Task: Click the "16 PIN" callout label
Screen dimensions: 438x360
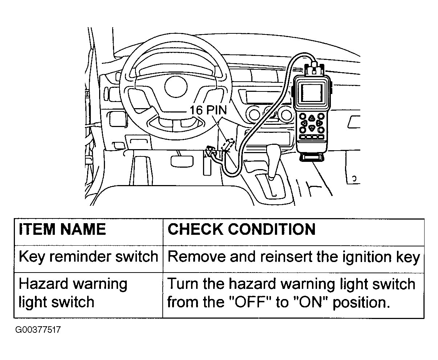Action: coord(208,110)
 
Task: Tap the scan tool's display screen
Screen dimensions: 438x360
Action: coord(312,93)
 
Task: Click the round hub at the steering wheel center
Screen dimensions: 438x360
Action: coord(176,86)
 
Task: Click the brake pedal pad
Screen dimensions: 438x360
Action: coord(182,161)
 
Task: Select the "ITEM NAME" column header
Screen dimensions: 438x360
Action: coord(62,229)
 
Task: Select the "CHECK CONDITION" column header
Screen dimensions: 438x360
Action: coord(242,229)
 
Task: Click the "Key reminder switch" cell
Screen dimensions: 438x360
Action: coord(89,257)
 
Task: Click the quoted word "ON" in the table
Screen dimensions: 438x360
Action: coord(313,302)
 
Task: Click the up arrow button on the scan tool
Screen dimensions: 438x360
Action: coord(312,118)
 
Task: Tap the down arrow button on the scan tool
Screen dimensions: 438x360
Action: coord(312,128)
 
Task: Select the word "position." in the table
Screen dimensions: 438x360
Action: coord(362,303)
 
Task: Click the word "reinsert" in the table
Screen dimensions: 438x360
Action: coord(285,257)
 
